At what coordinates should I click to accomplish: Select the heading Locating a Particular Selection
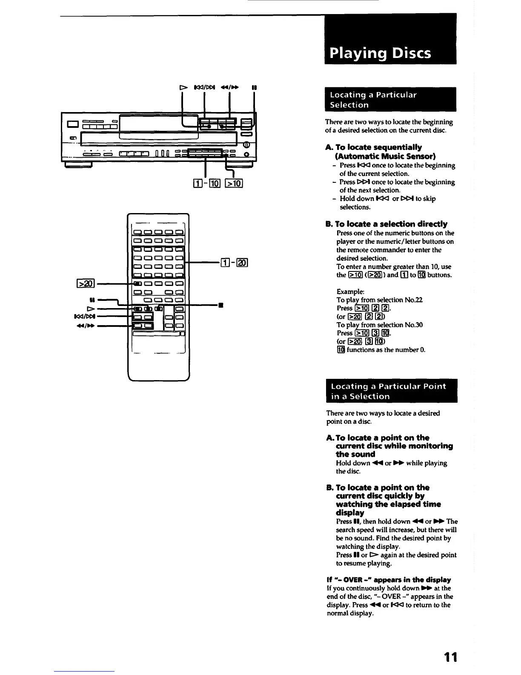(373, 100)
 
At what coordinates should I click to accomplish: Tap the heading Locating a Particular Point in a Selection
(388, 391)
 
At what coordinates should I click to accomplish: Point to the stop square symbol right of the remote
(220, 305)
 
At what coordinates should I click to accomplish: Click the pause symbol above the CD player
(254, 88)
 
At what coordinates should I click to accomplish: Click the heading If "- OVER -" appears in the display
(389, 580)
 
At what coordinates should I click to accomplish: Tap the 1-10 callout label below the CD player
(206, 184)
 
